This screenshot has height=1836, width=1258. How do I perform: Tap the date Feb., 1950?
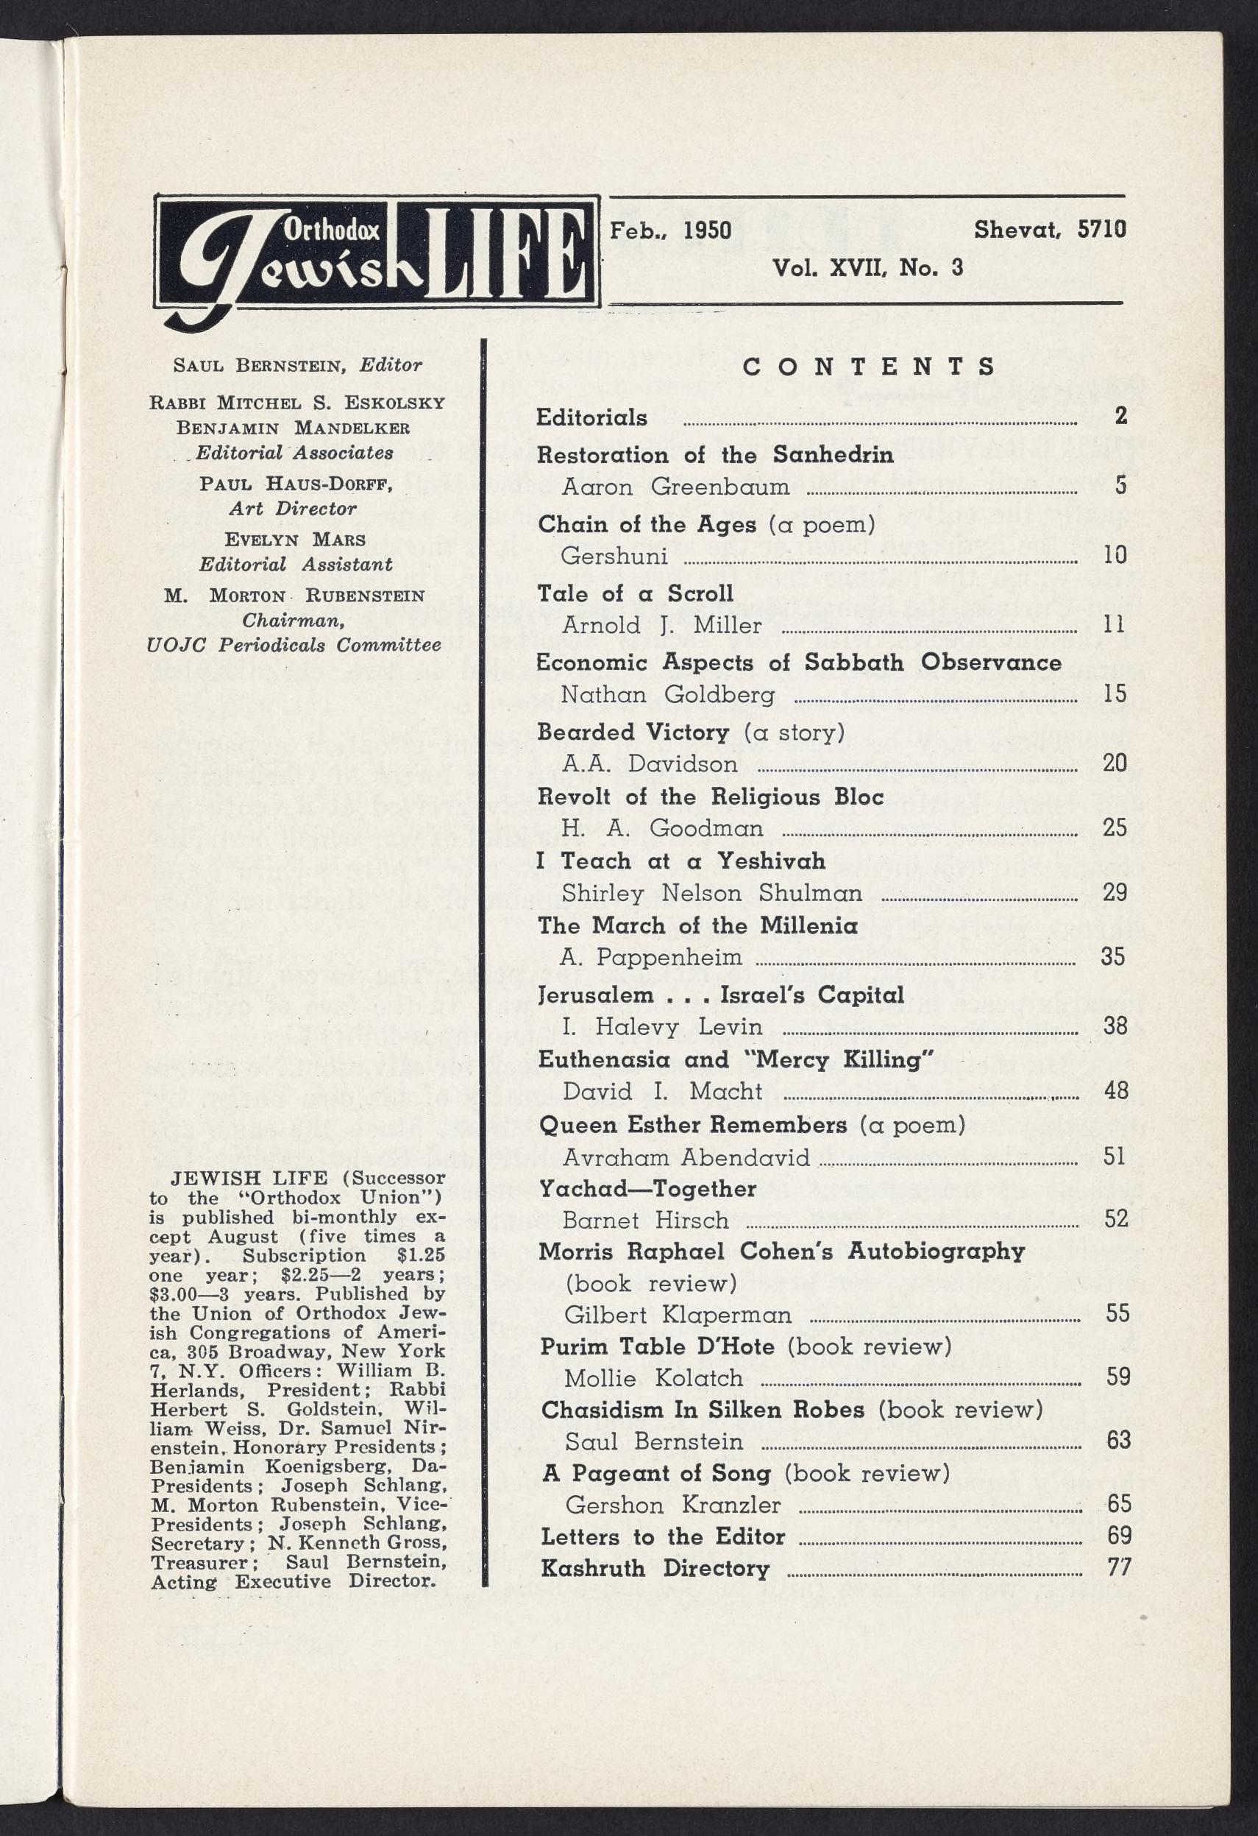(x=669, y=230)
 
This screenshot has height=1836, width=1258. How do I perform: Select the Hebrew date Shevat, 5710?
(x=1049, y=230)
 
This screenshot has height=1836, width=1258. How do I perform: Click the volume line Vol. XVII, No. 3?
(x=867, y=269)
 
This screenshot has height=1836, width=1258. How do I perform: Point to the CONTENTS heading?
(x=870, y=367)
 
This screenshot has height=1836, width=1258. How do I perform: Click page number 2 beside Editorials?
(x=1120, y=417)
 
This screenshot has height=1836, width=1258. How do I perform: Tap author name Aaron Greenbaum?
(x=675, y=487)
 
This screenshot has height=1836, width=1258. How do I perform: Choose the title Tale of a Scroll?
(x=635, y=593)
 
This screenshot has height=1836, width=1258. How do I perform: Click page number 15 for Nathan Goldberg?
(x=1115, y=694)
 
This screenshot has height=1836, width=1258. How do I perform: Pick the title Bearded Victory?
(x=633, y=732)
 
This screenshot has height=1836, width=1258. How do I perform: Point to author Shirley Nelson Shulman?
(x=711, y=893)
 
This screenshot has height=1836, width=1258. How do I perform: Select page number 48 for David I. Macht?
(x=1115, y=1091)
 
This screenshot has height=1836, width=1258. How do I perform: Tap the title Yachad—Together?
(x=647, y=1188)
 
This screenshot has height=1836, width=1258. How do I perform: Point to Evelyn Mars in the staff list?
(x=294, y=540)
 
